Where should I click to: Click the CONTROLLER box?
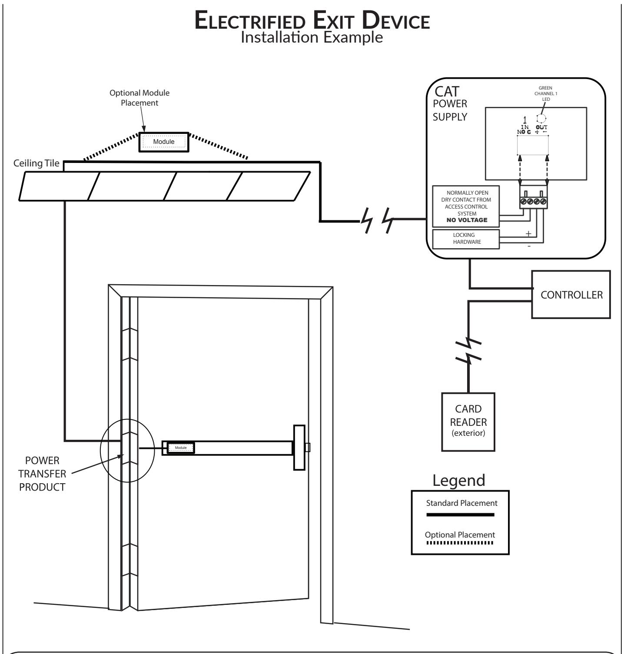(x=571, y=295)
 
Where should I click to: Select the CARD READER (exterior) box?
(x=468, y=422)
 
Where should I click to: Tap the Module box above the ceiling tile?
(x=164, y=142)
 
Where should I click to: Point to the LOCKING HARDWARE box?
(x=466, y=239)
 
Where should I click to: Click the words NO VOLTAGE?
(x=466, y=220)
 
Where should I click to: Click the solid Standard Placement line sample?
(x=461, y=515)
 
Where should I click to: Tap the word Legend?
(x=459, y=480)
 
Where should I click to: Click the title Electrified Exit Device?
(x=312, y=21)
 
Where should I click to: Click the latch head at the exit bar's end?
(x=299, y=448)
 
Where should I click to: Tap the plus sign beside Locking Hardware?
(x=528, y=234)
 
